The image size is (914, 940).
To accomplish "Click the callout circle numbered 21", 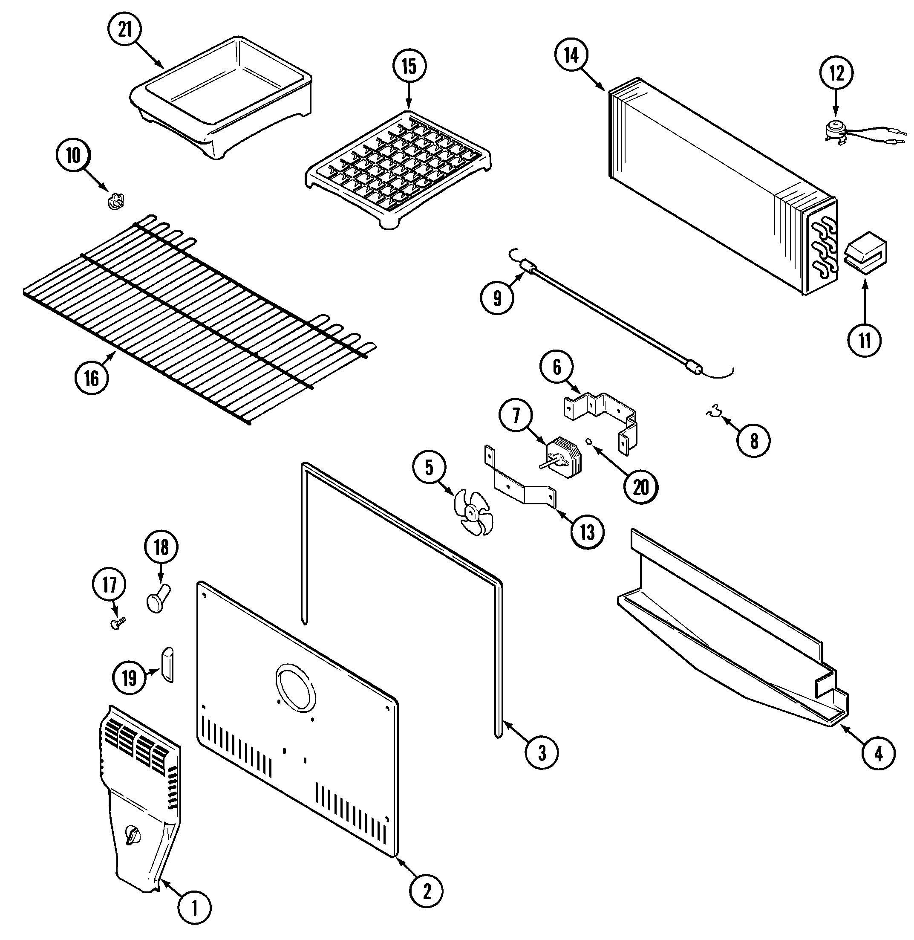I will [125, 30].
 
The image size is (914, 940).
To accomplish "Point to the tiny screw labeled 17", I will [118, 623].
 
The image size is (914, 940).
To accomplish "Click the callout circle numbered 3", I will [542, 753].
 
